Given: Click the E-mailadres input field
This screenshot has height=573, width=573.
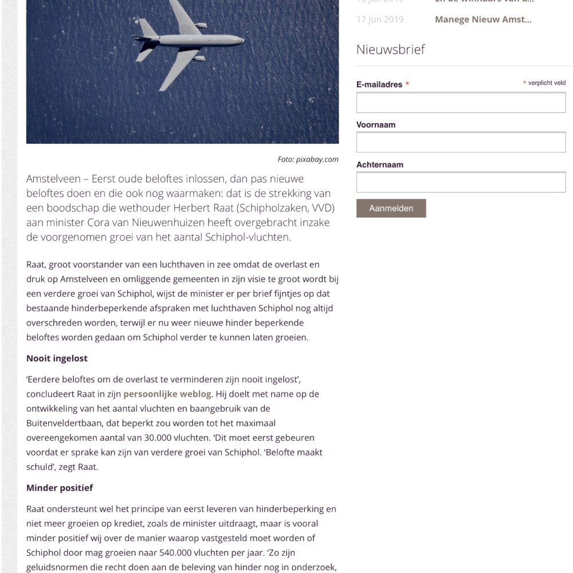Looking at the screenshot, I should click(461, 103).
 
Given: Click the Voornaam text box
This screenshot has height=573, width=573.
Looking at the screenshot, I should click(461, 142).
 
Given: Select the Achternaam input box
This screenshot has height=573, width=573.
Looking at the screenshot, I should click(461, 182).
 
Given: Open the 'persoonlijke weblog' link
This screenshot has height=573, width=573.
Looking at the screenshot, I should click(167, 394).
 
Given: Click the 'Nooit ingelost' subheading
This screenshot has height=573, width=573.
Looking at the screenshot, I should click(57, 359).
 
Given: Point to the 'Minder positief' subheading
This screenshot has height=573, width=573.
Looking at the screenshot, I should click(60, 488).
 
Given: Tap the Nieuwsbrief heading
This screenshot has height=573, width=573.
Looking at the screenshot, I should click(390, 50).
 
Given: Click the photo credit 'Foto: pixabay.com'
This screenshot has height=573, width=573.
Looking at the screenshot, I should click(308, 159).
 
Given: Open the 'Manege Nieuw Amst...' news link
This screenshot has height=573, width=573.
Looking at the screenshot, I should click(482, 19).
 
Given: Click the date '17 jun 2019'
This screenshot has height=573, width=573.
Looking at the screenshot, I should click(379, 19).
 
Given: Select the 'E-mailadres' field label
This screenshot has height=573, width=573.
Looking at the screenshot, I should click(379, 84).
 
